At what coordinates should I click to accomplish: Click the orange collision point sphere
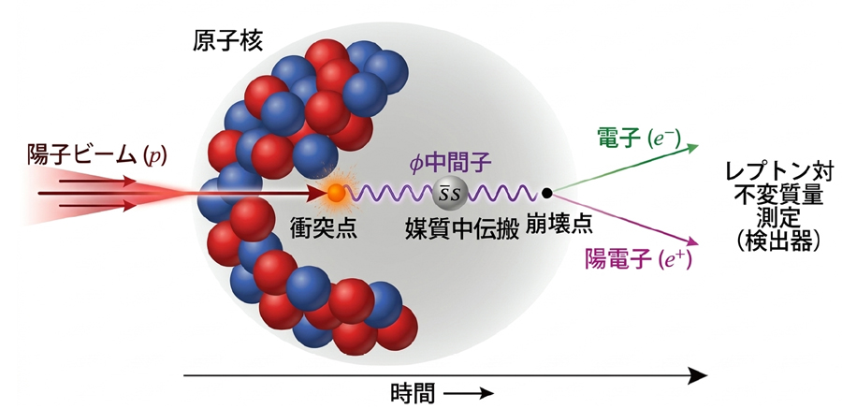335,194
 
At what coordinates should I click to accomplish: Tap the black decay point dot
547,193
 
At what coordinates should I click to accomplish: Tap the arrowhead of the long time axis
697,376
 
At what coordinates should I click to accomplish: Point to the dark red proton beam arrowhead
315,194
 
